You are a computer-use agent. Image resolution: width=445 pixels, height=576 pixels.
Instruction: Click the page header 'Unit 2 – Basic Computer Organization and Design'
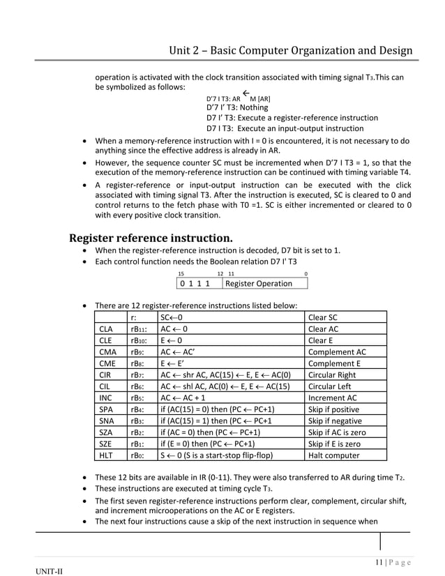[x=291, y=51]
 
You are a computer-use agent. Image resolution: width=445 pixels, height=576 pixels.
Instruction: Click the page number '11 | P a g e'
[x=389, y=562]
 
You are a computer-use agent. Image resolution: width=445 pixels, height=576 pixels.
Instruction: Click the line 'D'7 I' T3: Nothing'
[x=237, y=107]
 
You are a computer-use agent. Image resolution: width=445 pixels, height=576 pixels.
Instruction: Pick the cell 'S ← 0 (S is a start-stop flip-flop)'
[x=216, y=455]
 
